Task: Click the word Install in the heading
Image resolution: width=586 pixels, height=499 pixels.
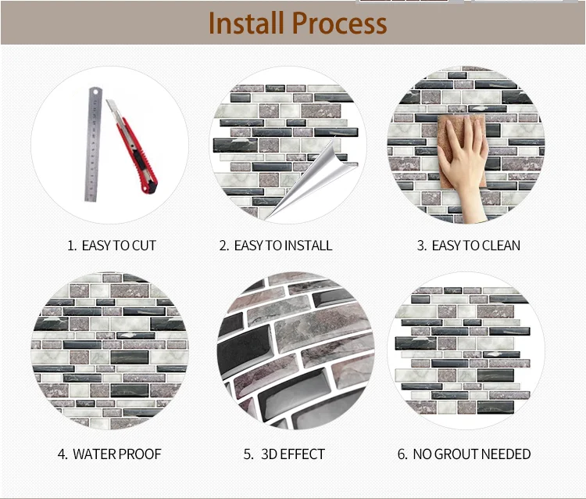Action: [245, 23]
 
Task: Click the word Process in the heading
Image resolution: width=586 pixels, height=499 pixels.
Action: [339, 23]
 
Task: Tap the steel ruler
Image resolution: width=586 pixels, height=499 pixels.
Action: [92, 145]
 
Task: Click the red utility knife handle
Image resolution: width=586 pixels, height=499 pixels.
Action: [140, 156]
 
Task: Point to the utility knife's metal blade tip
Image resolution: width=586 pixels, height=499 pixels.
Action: [107, 101]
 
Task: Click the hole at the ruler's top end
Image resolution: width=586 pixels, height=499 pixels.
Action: [95, 92]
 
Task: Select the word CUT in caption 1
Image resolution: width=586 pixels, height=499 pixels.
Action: [144, 246]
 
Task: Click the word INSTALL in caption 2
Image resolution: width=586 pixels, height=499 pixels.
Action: [309, 246]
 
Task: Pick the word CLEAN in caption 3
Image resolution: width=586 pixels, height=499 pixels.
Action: [501, 246]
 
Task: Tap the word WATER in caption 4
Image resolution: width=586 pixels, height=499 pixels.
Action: [94, 454]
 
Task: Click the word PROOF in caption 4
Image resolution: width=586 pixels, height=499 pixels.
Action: [139, 454]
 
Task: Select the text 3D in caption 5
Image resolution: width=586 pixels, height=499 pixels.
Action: [269, 454]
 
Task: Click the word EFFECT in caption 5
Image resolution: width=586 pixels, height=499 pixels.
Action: [302, 454]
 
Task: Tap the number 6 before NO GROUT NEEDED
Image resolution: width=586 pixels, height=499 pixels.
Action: [402, 454]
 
